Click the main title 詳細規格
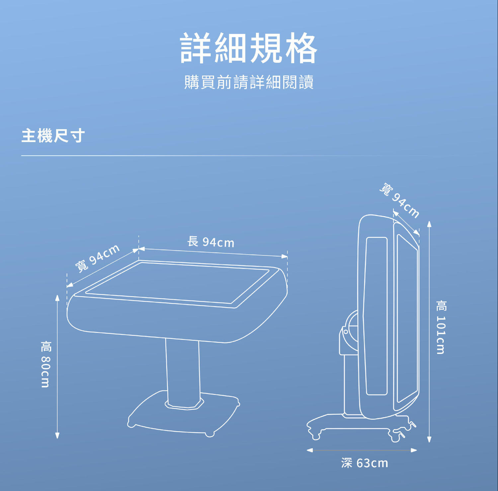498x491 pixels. pyautogui.click(x=249, y=48)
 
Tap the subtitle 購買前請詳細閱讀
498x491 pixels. pyautogui.click(x=249, y=82)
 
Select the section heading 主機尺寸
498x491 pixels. pyautogui.click(x=53, y=136)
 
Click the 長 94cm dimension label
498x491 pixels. pyautogui.click(x=211, y=242)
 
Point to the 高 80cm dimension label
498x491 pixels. pyautogui.click(x=45, y=364)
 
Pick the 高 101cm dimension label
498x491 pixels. pyautogui.click(x=441, y=327)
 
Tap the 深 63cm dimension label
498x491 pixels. pyautogui.click(x=365, y=463)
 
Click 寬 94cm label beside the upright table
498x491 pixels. pyautogui.click(x=400, y=200)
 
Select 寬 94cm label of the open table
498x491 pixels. pyautogui.click(x=97, y=258)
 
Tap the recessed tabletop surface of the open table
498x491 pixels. pyautogui.click(x=179, y=282)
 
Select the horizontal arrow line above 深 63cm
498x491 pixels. pyautogui.click(x=362, y=450)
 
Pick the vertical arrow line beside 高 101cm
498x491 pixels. pyautogui.click(x=429, y=332)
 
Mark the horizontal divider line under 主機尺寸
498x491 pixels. pyautogui.click(x=232, y=155)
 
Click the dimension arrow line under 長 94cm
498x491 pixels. pyautogui.click(x=212, y=252)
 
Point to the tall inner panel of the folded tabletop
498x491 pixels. pyautogui.click(x=376, y=315)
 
